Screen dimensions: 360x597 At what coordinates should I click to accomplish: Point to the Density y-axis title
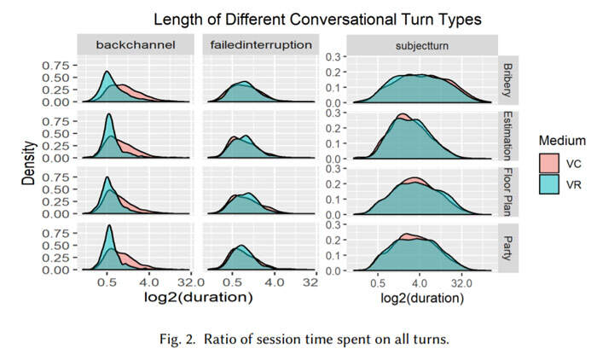[x=28, y=165]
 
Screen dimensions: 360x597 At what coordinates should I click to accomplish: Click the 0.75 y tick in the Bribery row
[x=55, y=65]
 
